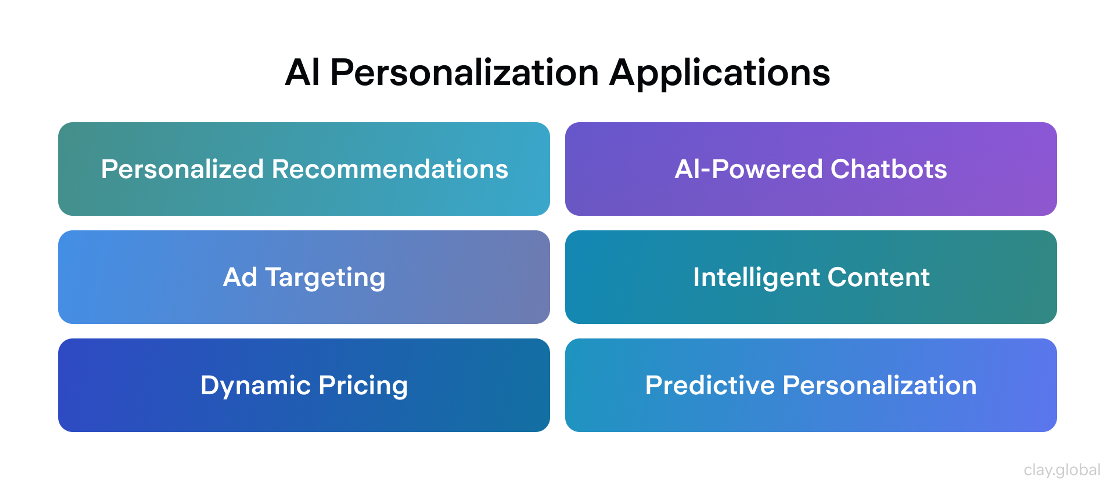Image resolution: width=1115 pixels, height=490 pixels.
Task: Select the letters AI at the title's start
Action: click(x=302, y=73)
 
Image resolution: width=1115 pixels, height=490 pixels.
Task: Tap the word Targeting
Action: click(x=325, y=278)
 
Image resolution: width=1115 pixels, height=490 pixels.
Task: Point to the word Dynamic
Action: click(x=256, y=386)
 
